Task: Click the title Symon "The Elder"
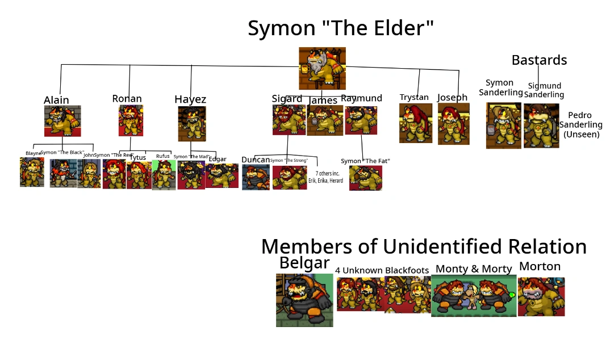(x=341, y=28)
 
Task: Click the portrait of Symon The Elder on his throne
(x=322, y=68)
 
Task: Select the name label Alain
(x=56, y=100)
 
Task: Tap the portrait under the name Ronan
(x=130, y=120)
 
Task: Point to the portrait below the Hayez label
(x=191, y=123)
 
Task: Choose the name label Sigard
(x=287, y=99)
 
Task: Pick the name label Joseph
(x=452, y=97)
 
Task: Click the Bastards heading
(x=539, y=60)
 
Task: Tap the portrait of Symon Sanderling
(x=503, y=125)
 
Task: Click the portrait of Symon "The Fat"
(x=365, y=178)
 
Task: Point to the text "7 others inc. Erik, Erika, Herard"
(x=325, y=177)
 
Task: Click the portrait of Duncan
(x=256, y=177)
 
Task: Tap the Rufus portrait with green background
(x=164, y=174)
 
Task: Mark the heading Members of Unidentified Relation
(x=424, y=246)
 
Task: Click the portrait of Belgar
(x=304, y=300)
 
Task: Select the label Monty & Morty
(x=474, y=269)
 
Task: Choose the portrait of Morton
(x=541, y=296)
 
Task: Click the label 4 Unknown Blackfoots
(x=382, y=270)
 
